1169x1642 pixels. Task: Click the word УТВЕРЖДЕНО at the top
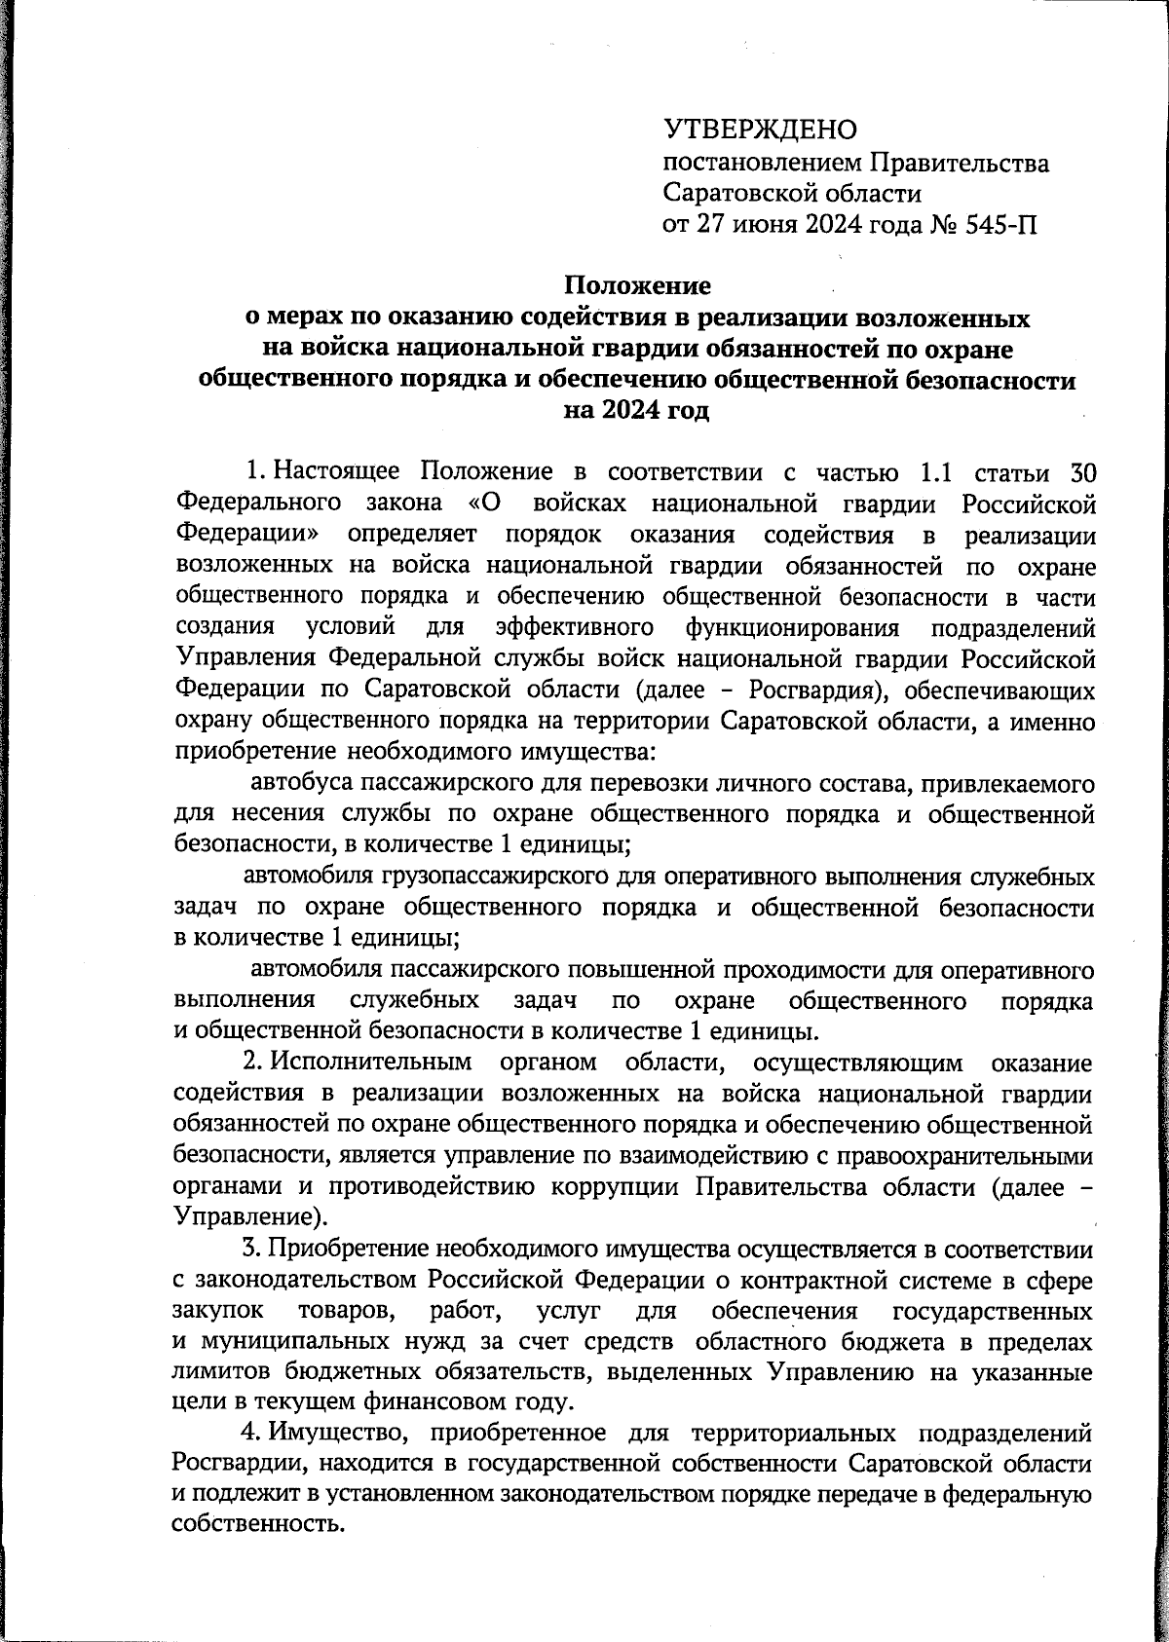(759, 130)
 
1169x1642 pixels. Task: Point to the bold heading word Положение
(638, 285)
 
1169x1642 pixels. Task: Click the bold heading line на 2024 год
(637, 410)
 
